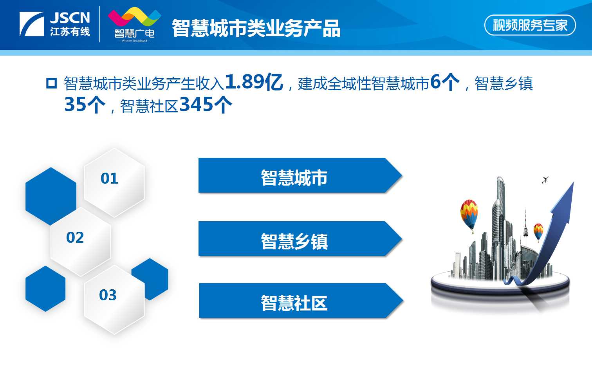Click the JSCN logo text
pyautogui.click(x=70, y=18)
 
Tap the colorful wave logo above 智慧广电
pyautogui.click(x=135, y=17)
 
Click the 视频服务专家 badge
pyautogui.click(x=530, y=25)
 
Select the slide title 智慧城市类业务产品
pyautogui.click(x=256, y=28)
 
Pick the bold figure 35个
pyautogui.click(x=85, y=105)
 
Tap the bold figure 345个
pyautogui.click(x=206, y=105)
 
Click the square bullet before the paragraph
pyautogui.click(x=51, y=83)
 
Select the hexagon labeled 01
pyautogui.click(x=114, y=182)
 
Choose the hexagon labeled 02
pyautogui.click(x=81, y=242)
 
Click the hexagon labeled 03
pyautogui.click(x=114, y=300)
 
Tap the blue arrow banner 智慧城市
pyautogui.click(x=300, y=175)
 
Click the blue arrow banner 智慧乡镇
pyautogui.click(x=300, y=239)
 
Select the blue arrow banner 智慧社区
pyautogui.click(x=301, y=300)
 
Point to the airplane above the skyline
pyautogui.click(x=545, y=180)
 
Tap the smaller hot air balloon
pyautogui.click(x=538, y=232)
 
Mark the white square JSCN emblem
pyautogui.click(x=32, y=24)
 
